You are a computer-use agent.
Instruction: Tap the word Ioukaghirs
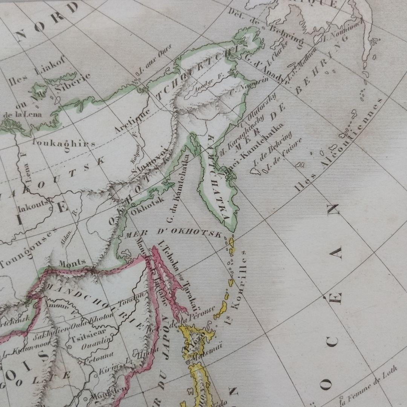click(x=64, y=144)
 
